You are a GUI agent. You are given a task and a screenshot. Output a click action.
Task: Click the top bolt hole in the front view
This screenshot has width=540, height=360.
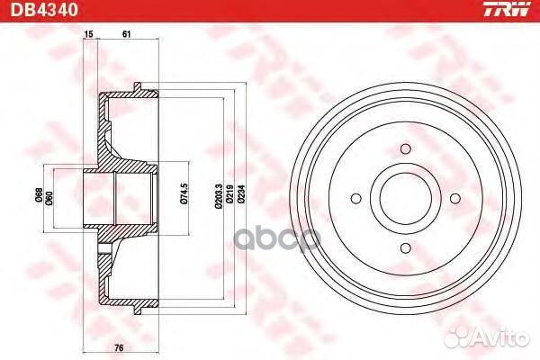[406, 149]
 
